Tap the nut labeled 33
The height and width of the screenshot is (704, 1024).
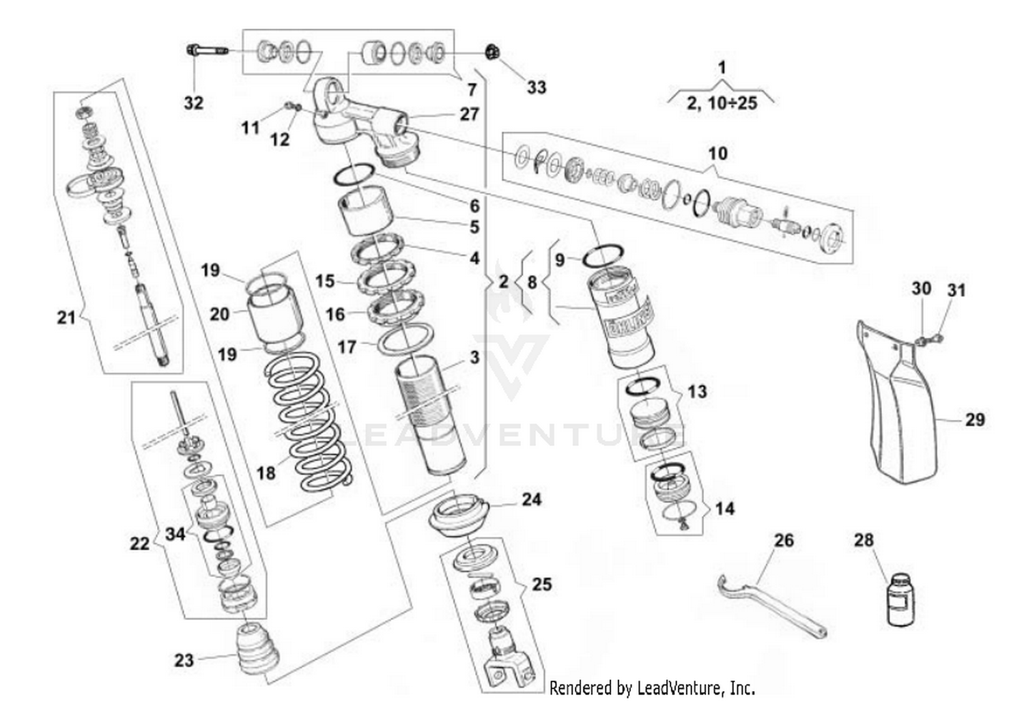click(x=490, y=52)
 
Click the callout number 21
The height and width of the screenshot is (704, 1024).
click(x=66, y=317)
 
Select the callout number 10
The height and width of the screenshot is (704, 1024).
click(x=717, y=153)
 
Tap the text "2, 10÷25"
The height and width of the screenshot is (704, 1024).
click(x=722, y=103)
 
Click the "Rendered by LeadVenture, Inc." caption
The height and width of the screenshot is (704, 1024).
click(x=652, y=687)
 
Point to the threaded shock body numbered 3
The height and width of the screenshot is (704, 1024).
click(x=430, y=417)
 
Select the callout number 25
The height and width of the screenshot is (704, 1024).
click(x=541, y=585)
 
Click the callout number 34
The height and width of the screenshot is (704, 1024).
click(x=175, y=533)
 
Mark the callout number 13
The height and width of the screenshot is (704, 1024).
click(x=697, y=392)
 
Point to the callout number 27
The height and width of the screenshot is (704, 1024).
click(x=470, y=113)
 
